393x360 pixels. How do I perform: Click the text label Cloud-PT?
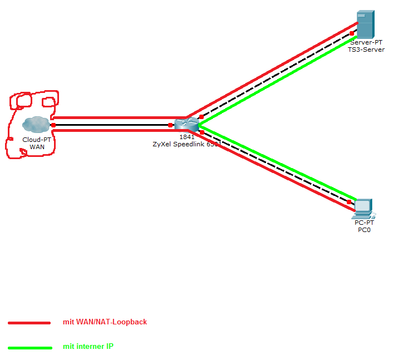(x=37, y=140)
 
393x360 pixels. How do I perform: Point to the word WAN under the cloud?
(x=37, y=147)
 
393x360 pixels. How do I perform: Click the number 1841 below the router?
(x=186, y=136)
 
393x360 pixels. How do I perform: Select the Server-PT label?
(x=366, y=42)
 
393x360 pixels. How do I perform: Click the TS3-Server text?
(x=366, y=50)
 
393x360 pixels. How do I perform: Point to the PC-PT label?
(x=365, y=223)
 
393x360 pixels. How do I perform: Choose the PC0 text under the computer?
(x=365, y=230)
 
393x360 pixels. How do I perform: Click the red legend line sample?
(x=30, y=322)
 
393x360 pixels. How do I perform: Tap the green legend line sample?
(x=30, y=348)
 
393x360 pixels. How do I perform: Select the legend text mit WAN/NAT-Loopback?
(x=105, y=322)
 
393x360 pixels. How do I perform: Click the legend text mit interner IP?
(x=89, y=347)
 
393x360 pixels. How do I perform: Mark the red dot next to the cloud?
(x=53, y=125)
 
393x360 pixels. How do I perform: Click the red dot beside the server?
(x=352, y=33)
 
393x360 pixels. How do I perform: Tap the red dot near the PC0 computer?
(x=350, y=202)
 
